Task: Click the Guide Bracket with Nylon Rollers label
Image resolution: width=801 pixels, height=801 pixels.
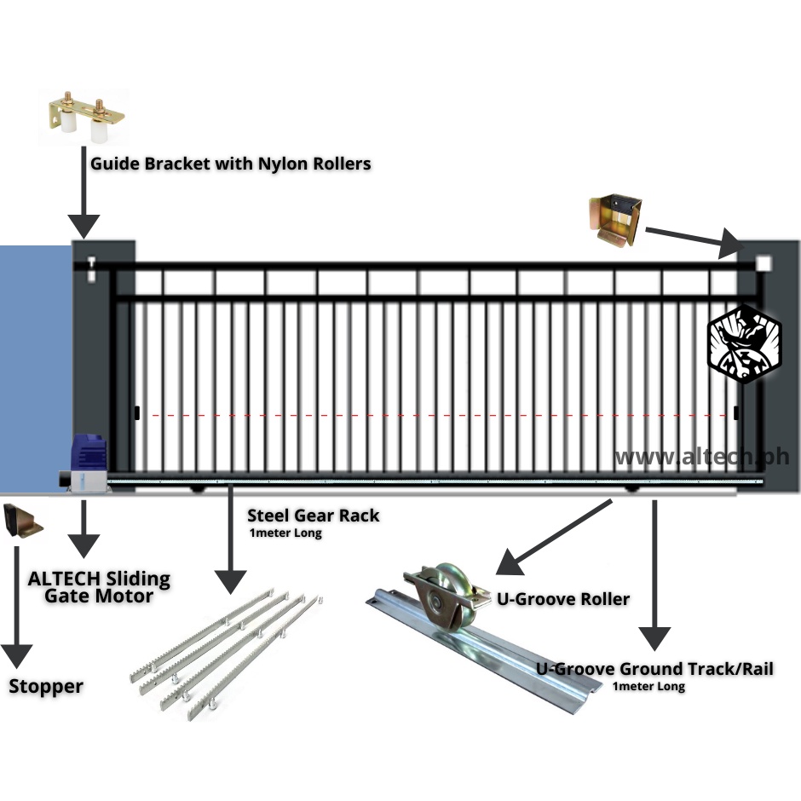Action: [x=230, y=164]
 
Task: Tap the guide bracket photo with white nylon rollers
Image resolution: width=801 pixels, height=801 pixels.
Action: [x=87, y=117]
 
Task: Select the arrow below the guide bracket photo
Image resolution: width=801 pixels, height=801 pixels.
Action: [x=84, y=193]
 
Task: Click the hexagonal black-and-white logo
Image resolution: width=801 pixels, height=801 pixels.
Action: [x=744, y=343]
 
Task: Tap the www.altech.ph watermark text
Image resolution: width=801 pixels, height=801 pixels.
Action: [x=702, y=457]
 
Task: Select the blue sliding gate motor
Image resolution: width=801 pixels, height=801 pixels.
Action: [x=84, y=464]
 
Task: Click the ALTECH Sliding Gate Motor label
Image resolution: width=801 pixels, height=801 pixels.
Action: [x=99, y=587]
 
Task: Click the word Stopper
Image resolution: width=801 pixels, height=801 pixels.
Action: [x=46, y=686]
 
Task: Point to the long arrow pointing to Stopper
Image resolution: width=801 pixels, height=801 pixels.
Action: [x=17, y=608]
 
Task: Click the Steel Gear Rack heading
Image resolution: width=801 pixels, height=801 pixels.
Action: [x=313, y=516]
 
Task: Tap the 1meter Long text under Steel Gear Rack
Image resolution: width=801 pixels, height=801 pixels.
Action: [x=285, y=533]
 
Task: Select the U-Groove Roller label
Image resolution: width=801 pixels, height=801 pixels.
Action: [x=563, y=599]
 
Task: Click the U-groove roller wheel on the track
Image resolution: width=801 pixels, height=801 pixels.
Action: [x=445, y=596]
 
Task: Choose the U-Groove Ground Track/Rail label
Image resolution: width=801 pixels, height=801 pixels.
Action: [x=654, y=669]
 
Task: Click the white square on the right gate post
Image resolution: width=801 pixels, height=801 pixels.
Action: [x=764, y=263]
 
